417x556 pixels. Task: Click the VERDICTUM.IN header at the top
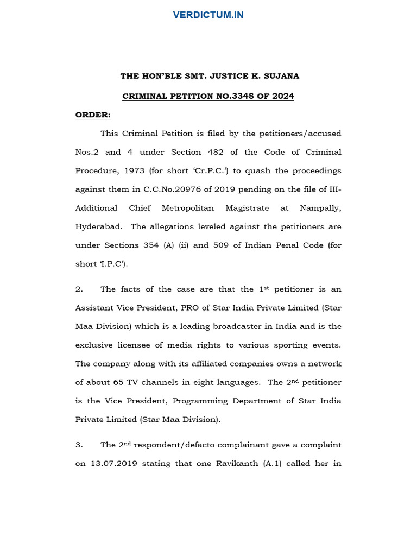coord(208,15)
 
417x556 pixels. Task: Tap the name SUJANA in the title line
coord(282,76)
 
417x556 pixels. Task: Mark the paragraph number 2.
coord(79,289)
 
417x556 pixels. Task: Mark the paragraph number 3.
coord(79,445)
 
